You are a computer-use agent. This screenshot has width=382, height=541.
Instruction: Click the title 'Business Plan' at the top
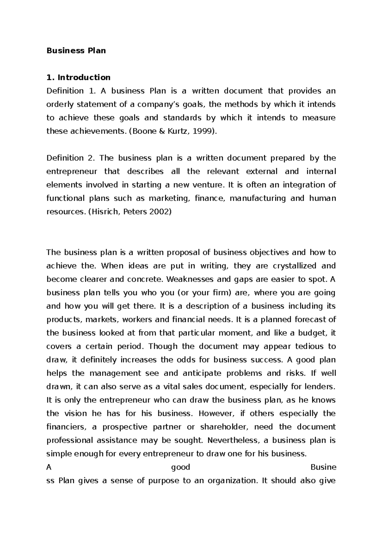tap(76, 51)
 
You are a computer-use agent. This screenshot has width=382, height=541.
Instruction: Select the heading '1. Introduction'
tap(78, 77)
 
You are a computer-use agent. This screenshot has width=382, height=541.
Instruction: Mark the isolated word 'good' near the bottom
tap(180, 467)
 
